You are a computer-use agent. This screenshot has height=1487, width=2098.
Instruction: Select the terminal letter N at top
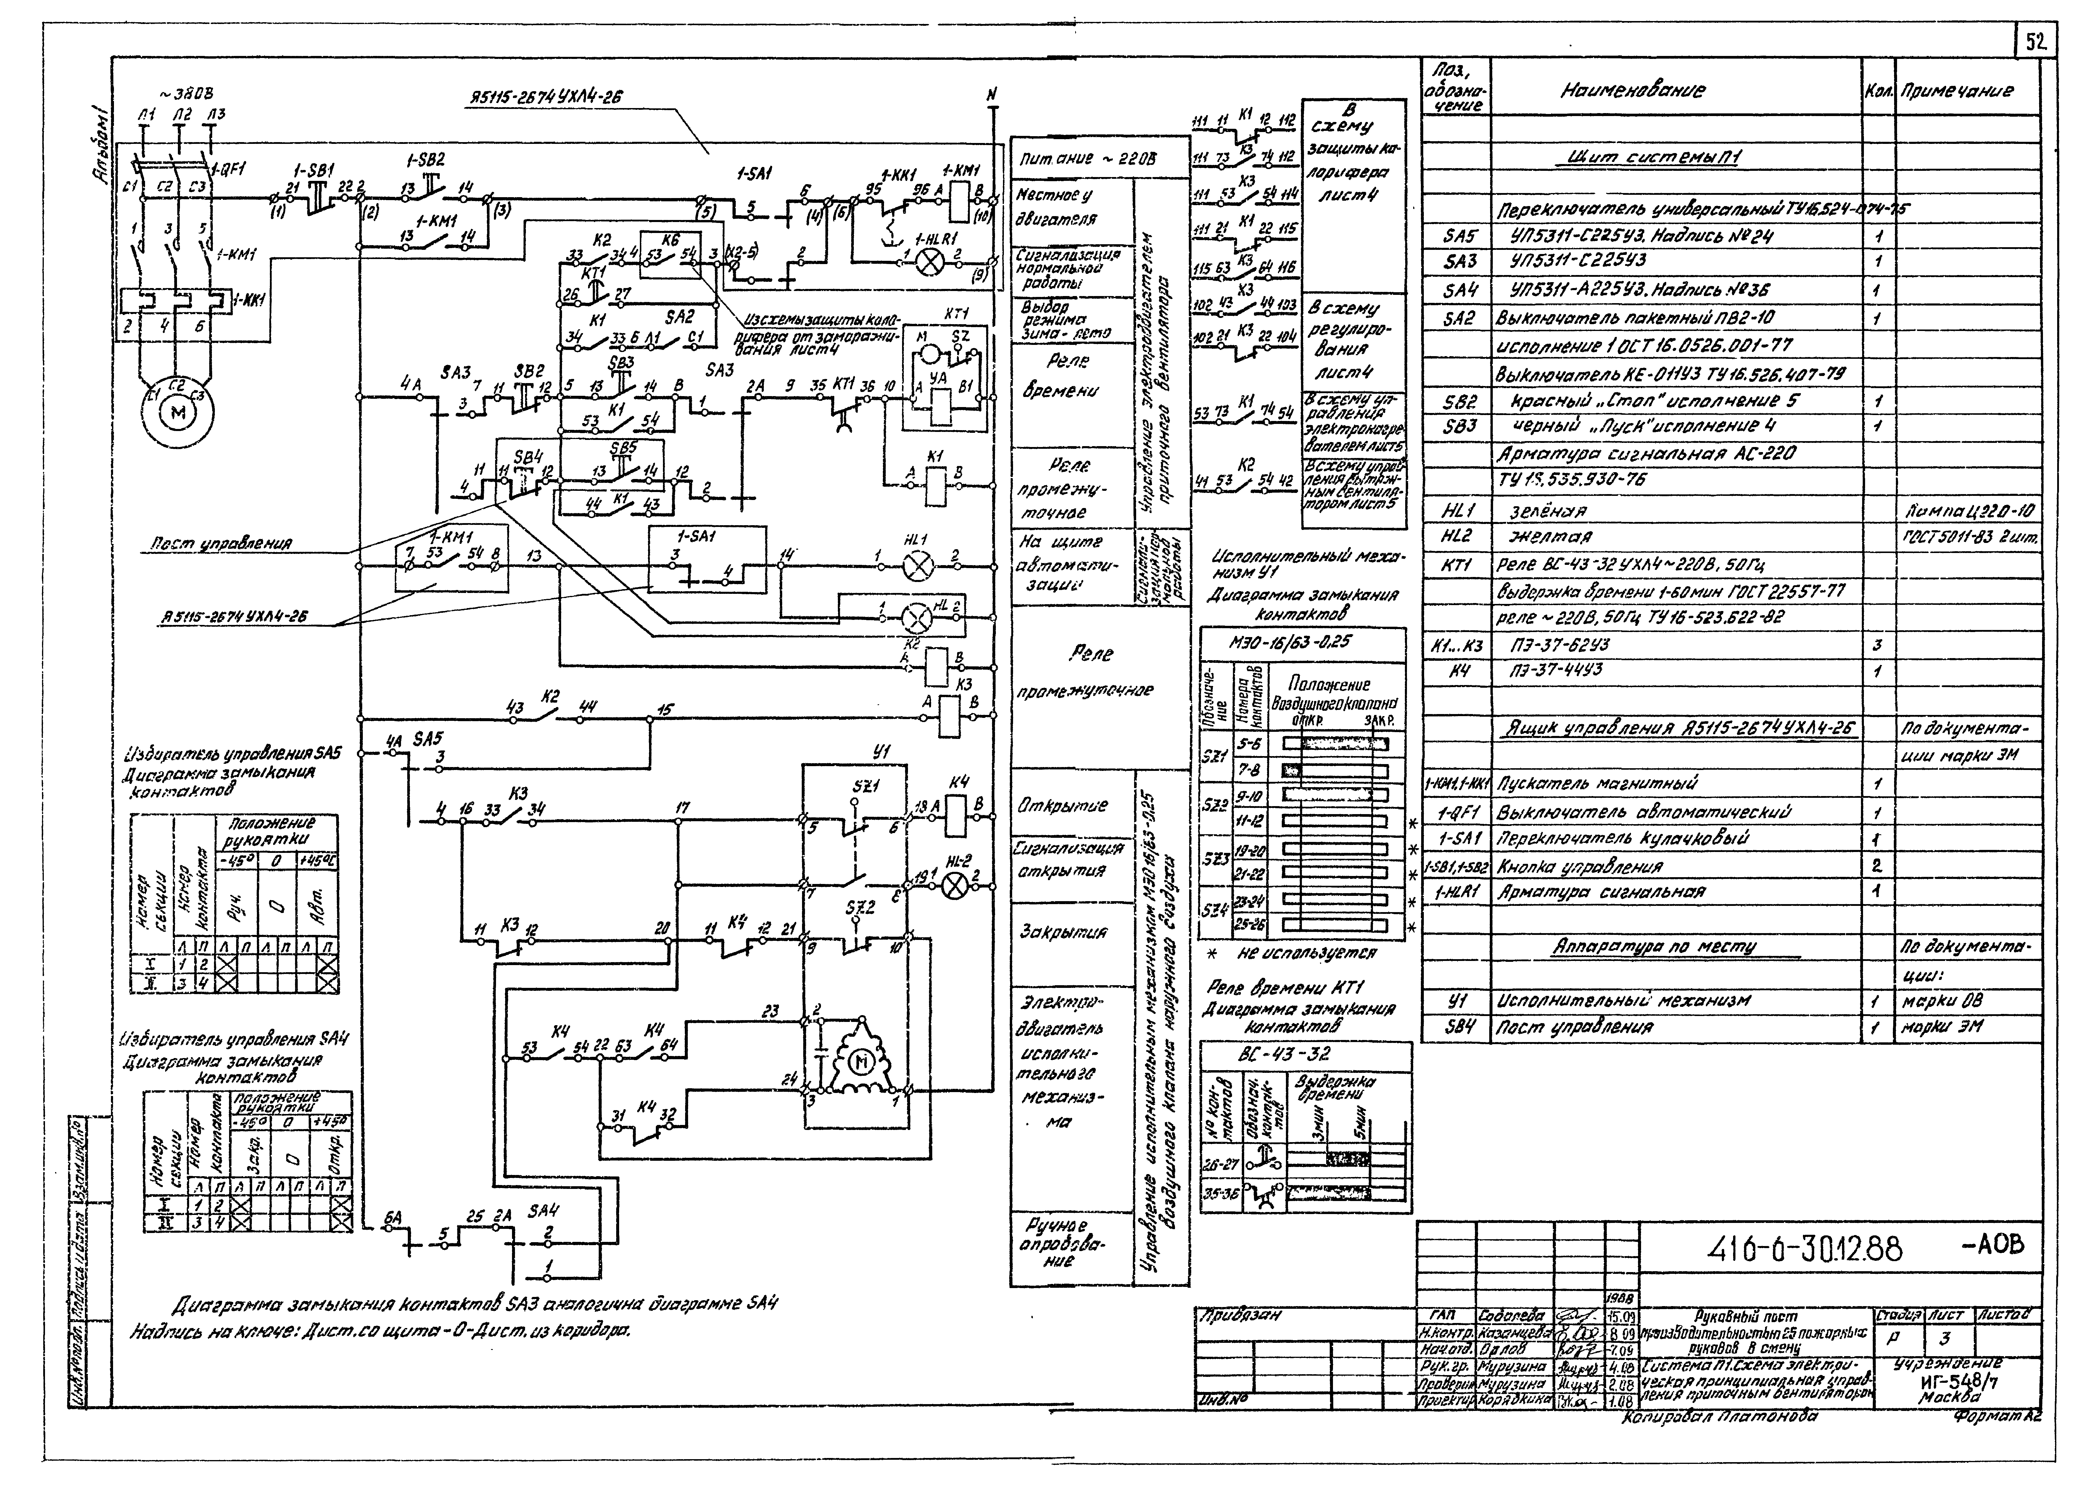click(x=991, y=94)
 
